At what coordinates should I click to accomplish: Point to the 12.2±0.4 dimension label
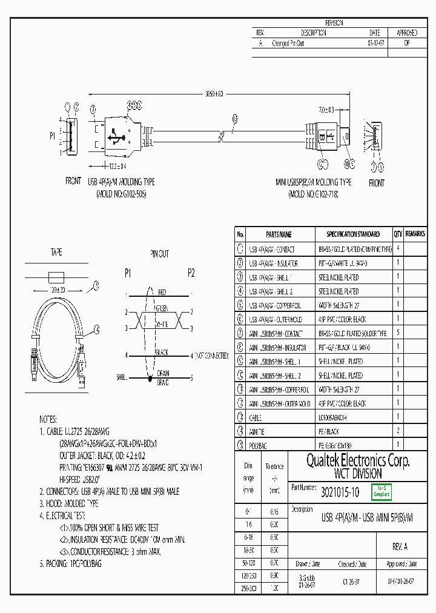click(x=114, y=165)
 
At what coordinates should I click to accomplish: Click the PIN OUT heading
click(x=159, y=254)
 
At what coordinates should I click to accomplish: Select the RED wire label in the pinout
click(x=162, y=293)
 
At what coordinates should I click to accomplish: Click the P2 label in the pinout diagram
click(x=191, y=273)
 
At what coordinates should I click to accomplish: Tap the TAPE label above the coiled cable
click(x=56, y=253)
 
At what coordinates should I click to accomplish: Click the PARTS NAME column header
click(x=279, y=234)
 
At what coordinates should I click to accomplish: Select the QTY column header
click(x=398, y=234)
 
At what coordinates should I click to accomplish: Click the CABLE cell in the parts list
click(x=255, y=417)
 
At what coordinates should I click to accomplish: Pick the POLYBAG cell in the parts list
click(x=259, y=445)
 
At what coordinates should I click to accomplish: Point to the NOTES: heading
click(x=48, y=419)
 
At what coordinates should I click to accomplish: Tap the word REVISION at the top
click(x=334, y=22)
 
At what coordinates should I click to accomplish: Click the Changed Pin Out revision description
click(x=288, y=44)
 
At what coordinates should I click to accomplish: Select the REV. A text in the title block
click(x=400, y=546)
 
